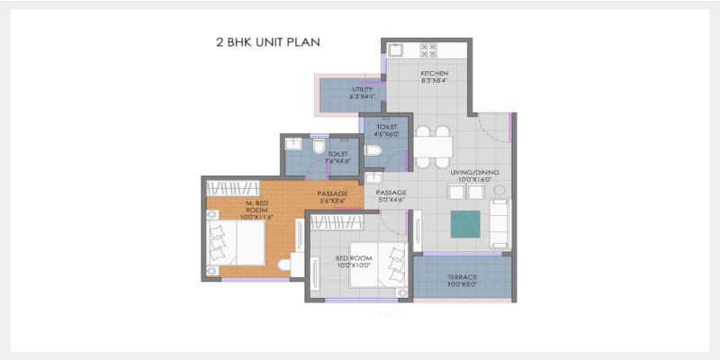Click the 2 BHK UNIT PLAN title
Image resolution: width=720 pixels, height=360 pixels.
point(264,42)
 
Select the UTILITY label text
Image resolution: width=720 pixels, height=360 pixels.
point(362,90)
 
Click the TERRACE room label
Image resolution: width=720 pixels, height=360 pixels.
point(462,277)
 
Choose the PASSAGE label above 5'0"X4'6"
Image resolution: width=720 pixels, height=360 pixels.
point(391,193)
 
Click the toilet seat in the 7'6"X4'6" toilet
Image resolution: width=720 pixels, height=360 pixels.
point(319,146)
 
